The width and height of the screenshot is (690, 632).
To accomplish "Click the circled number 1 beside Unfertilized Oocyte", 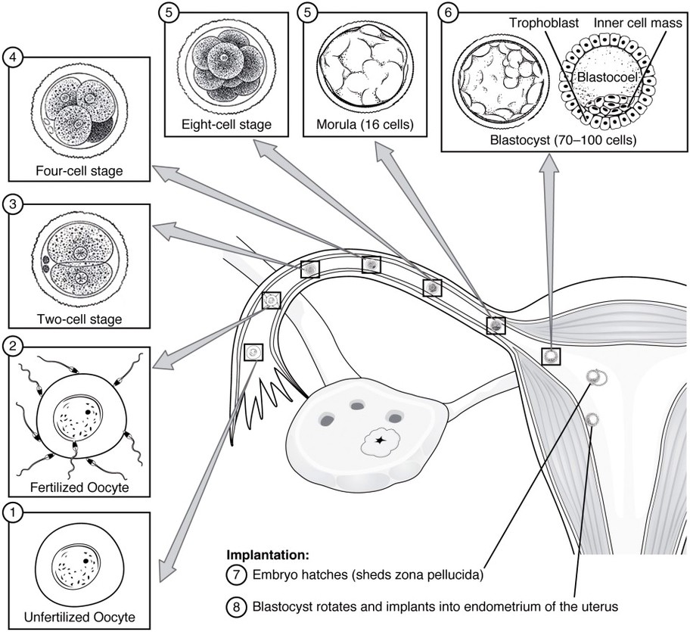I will click(12, 512).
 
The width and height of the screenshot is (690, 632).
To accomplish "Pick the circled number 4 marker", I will click(12, 57).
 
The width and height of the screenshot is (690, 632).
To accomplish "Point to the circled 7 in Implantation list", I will click(235, 574).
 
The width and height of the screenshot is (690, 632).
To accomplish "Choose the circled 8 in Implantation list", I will click(235, 606).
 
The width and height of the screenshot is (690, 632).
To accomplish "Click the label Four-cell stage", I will click(78, 170).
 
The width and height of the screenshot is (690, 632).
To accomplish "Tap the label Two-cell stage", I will click(78, 319).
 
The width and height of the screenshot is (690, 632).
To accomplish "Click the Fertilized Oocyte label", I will click(79, 487).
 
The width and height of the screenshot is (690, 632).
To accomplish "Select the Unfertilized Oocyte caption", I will click(79, 615).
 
